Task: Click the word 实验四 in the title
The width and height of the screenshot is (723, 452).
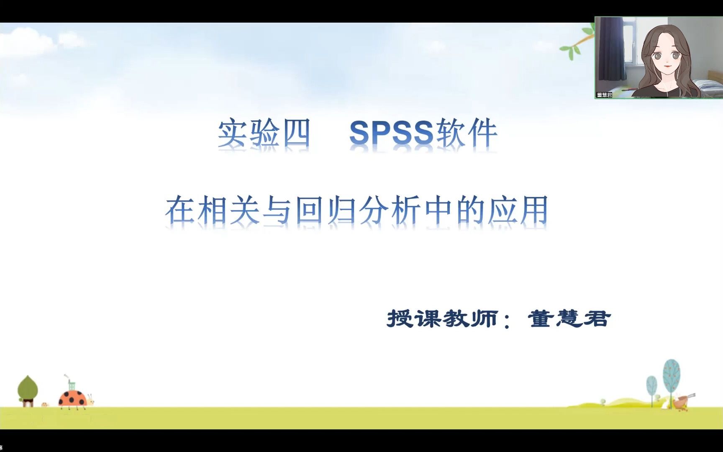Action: tap(264, 133)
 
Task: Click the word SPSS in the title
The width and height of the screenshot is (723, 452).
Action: tap(391, 133)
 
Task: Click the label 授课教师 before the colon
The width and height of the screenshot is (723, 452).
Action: tap(442, 319)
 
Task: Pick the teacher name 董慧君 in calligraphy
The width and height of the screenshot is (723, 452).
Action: tap(569, 319)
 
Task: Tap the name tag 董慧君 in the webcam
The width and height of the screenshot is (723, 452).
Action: tap(604, 95)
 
